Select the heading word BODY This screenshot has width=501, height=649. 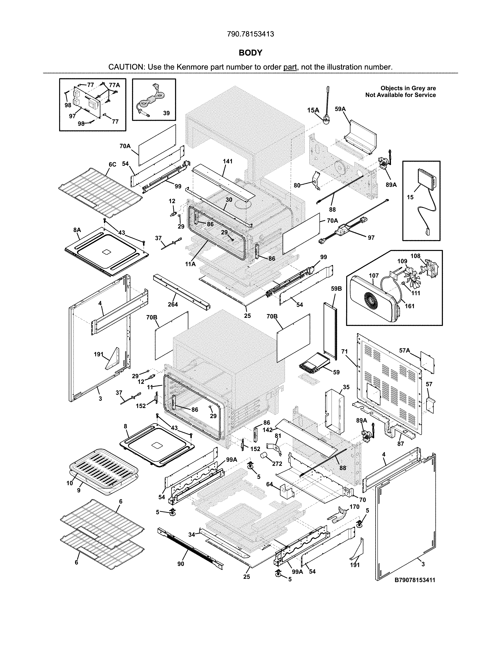[250, 53]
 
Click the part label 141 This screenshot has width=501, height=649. [228, 161]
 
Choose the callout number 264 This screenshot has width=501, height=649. [173, 304]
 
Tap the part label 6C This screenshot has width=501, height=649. [113, 164]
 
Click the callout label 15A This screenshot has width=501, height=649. [313, 110]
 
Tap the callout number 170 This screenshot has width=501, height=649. [354, 507]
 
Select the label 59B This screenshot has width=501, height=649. [336, 288]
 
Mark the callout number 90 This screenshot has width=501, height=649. [181, 564]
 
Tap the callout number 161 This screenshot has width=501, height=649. [410, 306]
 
